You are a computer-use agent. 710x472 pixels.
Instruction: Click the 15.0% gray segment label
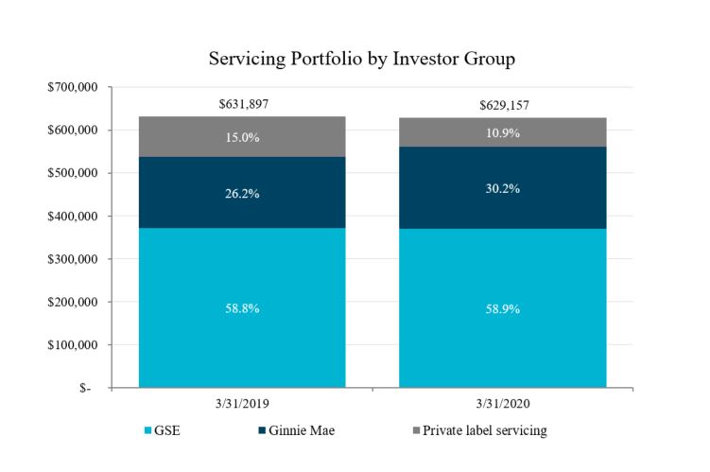point(242,137)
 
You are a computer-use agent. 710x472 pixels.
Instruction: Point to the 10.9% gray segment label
point(502,133)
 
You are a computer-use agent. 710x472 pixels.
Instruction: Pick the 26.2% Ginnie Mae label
point(242,193)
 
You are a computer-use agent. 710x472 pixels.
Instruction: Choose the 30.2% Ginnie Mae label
point(502,187)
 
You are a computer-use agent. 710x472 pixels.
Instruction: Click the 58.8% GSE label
point(242,308)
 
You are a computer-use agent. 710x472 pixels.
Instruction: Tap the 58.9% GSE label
point(502,308)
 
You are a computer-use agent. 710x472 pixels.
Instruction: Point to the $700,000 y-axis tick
point(73,87)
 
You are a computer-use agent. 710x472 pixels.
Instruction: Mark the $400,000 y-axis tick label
point(73,216)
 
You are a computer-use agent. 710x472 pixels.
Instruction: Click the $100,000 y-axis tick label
point(73,345)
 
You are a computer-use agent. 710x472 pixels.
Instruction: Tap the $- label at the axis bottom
point(86,389)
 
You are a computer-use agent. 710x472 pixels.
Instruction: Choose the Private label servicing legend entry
point(484,431)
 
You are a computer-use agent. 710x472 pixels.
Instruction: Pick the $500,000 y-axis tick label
point(73,173)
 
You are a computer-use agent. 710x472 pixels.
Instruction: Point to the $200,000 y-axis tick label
point(73,302)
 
